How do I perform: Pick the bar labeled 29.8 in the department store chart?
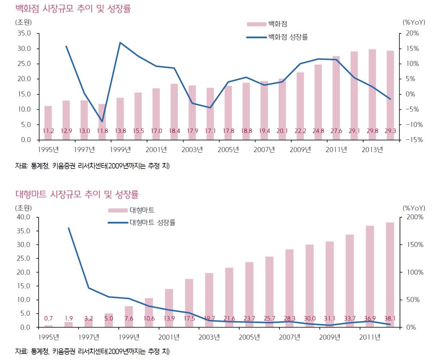tap(372, 94)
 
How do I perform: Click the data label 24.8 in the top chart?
tap(318, 130)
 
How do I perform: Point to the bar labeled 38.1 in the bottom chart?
tap(390, 274)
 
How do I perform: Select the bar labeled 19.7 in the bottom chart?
tap(209, 300)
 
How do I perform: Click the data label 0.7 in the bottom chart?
tap(48, 318)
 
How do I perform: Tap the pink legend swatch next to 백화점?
tap(256, 24)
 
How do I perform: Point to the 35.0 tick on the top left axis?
tap(24, 33)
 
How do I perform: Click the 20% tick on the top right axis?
tap(412, 33)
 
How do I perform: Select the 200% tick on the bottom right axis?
tap(414, 217)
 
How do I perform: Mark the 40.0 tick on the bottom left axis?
tap(24, 217)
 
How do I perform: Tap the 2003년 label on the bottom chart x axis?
tap(209, 336)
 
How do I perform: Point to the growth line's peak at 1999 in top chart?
tap(120, 42)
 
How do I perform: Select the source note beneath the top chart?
tap(92, 166)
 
